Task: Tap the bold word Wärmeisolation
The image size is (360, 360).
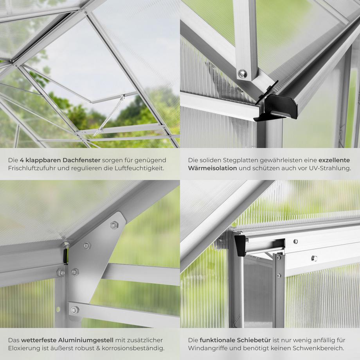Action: coord(212,169)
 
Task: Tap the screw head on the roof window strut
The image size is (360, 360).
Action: coord(243,73)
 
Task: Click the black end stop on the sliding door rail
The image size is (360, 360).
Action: coord(240,245)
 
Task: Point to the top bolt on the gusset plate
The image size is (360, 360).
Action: coord(114,224)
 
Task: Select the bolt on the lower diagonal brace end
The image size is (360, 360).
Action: coord(74,310)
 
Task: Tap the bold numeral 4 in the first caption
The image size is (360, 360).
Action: coord(22,160)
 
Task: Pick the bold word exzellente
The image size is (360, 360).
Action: coord(335,160)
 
